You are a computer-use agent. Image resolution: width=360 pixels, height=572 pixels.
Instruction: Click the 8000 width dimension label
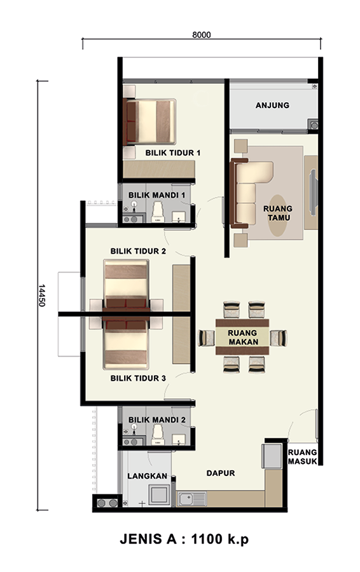click(x=202, y=35)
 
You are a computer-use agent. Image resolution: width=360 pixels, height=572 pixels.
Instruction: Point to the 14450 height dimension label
click(x=41, y=295)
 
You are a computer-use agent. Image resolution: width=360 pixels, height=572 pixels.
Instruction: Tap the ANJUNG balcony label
click(x=272, y=106)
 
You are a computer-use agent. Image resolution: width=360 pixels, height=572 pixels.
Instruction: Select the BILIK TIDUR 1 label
click(x=173, y=153)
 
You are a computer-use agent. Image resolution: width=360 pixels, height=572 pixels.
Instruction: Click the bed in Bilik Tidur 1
click(x=149, y=121)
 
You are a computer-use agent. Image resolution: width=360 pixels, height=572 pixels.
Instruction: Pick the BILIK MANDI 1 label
click(x=156, y=195)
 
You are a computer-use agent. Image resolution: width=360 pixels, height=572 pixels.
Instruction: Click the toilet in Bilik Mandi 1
click(x=158, y=212)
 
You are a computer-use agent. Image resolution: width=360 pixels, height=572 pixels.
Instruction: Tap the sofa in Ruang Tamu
click(x=251, y=193)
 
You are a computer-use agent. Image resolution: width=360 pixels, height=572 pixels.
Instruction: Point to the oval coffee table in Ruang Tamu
click(x=277, y=215)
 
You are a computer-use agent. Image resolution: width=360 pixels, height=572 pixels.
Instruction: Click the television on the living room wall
click(x=313, y=192)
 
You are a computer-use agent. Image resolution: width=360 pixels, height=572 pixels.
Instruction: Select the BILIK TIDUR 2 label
click(x=139, y=251)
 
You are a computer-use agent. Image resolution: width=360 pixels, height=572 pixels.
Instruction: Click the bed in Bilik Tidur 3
click(x=126, y=343)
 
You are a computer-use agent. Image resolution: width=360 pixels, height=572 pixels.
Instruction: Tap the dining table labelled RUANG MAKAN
click(x=242, y=337)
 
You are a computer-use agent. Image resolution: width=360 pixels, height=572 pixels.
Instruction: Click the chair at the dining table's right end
click(x=279, y=338)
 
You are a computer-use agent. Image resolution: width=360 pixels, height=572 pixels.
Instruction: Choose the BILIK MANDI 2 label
click(x=156, y=420)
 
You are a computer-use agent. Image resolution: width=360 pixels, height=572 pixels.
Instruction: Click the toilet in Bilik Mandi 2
click(x=158, y=435)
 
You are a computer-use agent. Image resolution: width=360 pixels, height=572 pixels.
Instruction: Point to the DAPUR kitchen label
click(x=221, y=473)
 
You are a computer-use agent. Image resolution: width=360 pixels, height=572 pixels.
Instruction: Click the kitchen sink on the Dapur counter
click(x=191, y=499)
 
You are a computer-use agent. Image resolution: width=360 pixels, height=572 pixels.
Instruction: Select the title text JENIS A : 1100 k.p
click(x=184, y=539)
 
